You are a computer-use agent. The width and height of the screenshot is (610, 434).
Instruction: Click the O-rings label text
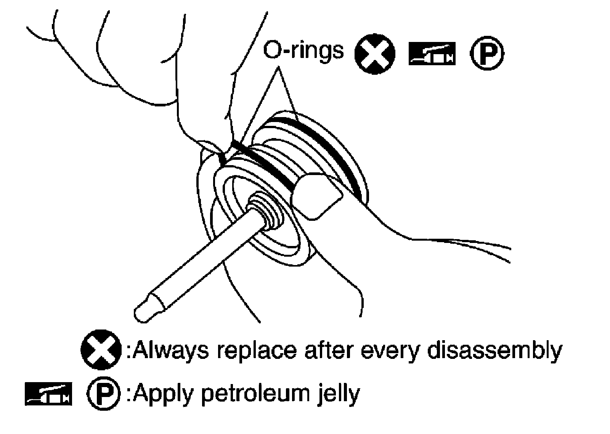(303, 51)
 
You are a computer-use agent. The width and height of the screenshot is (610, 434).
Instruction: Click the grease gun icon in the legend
(48, 393)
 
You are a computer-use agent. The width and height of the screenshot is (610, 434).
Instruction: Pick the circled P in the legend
(103, 393)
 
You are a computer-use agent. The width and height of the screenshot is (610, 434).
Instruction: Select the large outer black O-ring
(335, 153)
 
